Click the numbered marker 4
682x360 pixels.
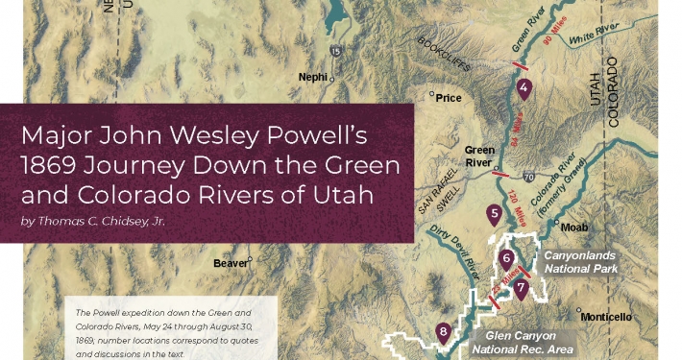click(524, 90)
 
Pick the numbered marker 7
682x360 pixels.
click(520, 286)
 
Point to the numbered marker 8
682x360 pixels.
click(443, 331)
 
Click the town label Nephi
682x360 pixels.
click(312, 77)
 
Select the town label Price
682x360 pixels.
click(448, 97)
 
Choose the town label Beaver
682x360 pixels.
click(231, 262)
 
